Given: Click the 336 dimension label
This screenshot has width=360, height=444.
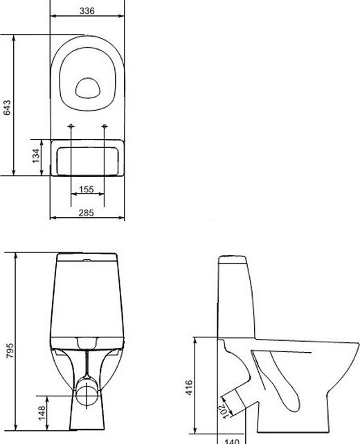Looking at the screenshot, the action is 87,11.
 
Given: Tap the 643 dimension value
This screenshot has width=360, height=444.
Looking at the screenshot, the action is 7,108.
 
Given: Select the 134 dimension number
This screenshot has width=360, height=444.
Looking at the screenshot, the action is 36,156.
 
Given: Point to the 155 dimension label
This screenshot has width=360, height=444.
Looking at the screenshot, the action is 87,189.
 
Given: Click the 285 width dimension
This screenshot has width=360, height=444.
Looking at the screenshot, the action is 86,212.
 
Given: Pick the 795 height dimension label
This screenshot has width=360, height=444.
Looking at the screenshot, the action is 10,351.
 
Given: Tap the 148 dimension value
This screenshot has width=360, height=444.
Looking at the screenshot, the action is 42,413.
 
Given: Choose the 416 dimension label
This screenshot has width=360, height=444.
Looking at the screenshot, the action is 189,387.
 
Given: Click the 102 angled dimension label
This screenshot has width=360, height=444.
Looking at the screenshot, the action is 224,410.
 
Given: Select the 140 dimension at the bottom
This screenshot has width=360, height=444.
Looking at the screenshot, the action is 232,441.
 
